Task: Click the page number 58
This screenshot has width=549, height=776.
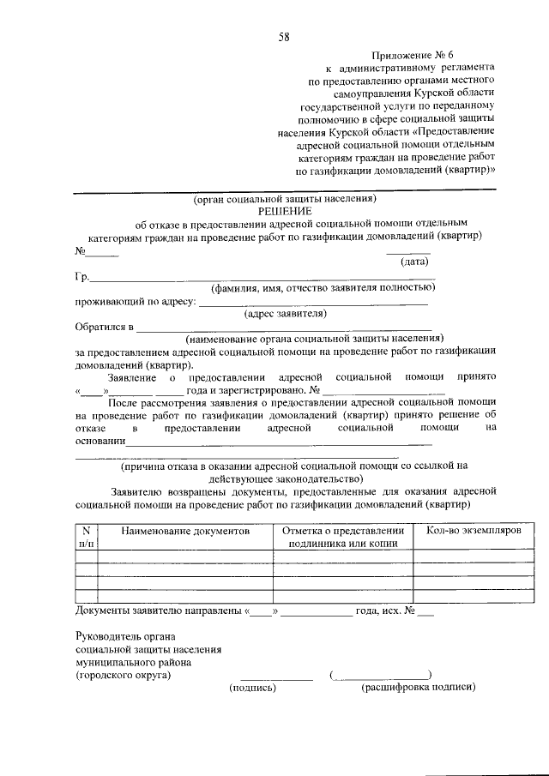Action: (x=284, y=37)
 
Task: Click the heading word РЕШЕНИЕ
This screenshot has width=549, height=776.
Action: (x=284, y=211)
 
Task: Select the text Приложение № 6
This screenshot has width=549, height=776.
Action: (x=412, y=53)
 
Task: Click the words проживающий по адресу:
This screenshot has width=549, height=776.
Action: (x=136, y=301)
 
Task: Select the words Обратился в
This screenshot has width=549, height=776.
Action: (x=105, y=327)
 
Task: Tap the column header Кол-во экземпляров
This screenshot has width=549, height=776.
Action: (x=474, y=532)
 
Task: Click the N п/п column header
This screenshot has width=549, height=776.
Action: (x=87, y=538)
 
